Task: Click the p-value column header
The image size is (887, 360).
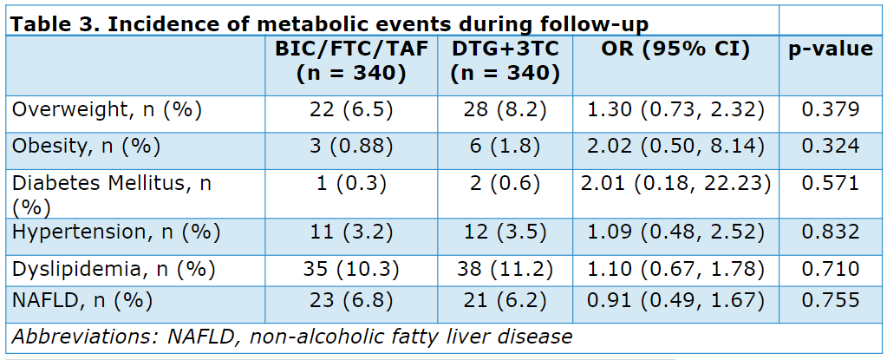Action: pyautogui.click(x=831, y=49)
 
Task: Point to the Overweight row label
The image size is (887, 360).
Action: pyautogui.click(x=107, y=110)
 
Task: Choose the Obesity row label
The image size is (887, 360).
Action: pyautogui.click(x=86, y=147)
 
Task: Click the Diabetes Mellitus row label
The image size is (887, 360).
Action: pyautogui.click(x=112, y=196)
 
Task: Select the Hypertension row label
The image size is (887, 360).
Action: pyautogui.click(x=116, y=232)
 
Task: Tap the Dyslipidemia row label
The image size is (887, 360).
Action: pyautogui.click(x=114, y=270)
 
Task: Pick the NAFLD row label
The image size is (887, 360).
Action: pyautogui.click(x=82, y=300)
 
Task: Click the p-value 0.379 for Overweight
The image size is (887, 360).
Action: pyautogui.click(x=831, y=109)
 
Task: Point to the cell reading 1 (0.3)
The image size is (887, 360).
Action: pyautogui.click(x=351, y=184)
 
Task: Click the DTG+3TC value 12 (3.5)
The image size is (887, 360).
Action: pyautogui.click(x=505, y=232)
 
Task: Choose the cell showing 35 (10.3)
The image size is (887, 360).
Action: pyautogui.click(x=351, y=270)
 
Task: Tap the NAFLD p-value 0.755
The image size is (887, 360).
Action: pyautogui.click(x=831, y=300)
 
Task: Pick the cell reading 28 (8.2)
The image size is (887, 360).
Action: pyautogui.click(x=505, y=110)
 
